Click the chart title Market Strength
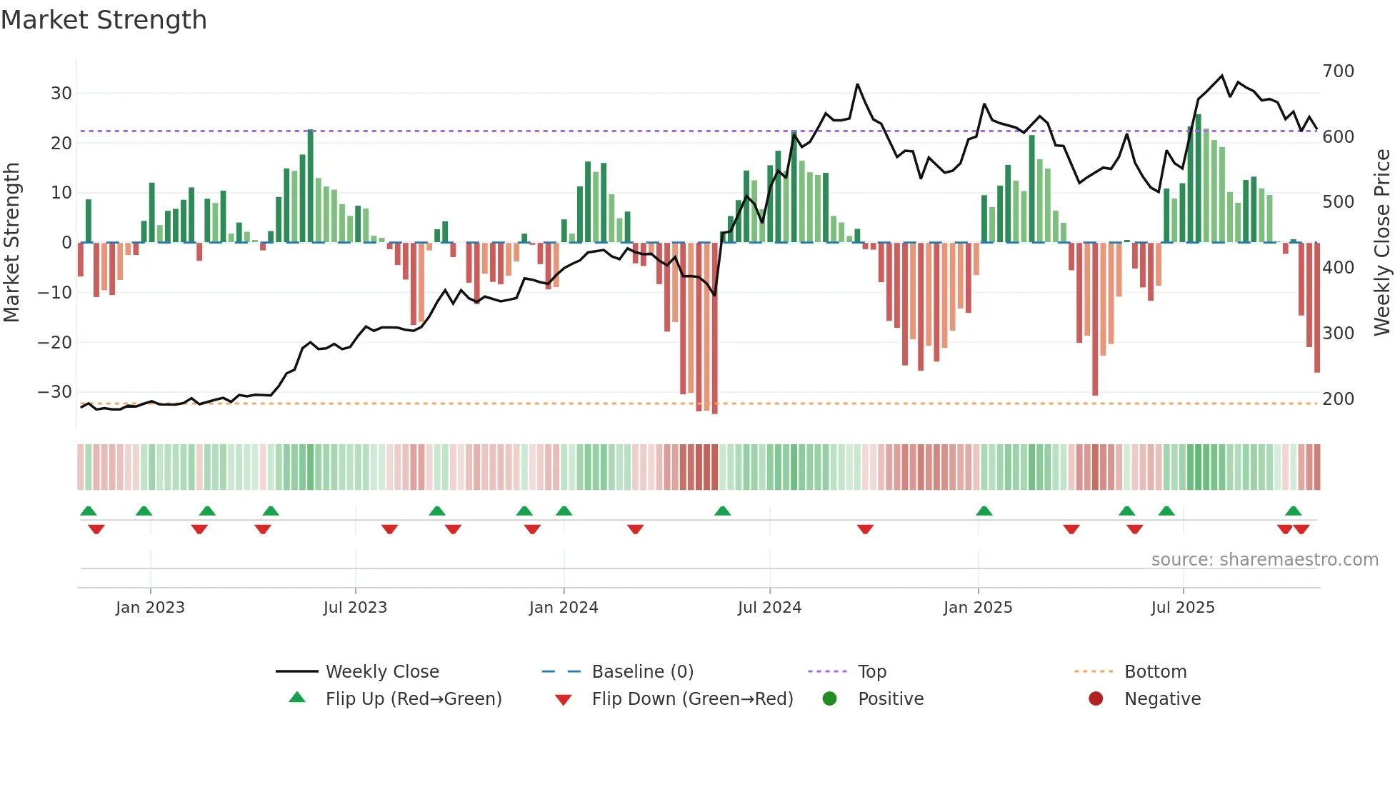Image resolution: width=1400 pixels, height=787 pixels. pyautogui.click(x=104, y=20)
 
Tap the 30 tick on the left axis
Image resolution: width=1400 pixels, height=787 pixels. pyautogui.click(x=61, y=94)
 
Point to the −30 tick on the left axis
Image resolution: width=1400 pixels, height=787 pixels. pyautogui.click(x=56, y=392)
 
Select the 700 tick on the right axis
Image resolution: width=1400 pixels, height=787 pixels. pyautogui.click(x=1338, y=71)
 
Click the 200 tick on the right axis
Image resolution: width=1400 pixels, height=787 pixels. pyautogui.click(x=1338, y=399)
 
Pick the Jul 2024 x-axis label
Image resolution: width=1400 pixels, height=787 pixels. pyautogui.click(x=769, y=608)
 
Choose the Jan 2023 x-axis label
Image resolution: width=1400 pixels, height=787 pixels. pyautogui.click(x=150, y=608)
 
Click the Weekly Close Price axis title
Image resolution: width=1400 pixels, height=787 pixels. pyautogui.click(x=1382, y=243)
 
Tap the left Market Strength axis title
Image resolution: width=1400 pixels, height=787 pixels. pyautogui.click(x=11, y=243)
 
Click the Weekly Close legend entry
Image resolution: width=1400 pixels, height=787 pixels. pyautogui.click(x=382, y=672)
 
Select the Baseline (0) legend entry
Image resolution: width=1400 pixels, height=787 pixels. pyautogui.click(x=642, y=672)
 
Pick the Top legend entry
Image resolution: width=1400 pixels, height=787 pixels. pyautogui.click(x=871, y=672)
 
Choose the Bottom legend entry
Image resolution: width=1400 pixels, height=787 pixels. pyautogui.click(x=1155, y=672)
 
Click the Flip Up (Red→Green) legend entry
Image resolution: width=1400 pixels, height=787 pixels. pyautogui.click(x=413, y=699)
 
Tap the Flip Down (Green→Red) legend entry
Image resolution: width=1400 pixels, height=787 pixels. pyautogui.click(x=692, y=699)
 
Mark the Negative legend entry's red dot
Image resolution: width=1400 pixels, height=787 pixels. pyautogui.click(x=1096, y=699)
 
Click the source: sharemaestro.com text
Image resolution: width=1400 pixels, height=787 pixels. pyautogui.click(x=1264, y=560)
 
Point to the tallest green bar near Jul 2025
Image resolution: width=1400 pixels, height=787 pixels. pyautogui.click(x=1198, y=179)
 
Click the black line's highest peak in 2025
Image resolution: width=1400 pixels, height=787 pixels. pyautogui.click(x=1222, y=76)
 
